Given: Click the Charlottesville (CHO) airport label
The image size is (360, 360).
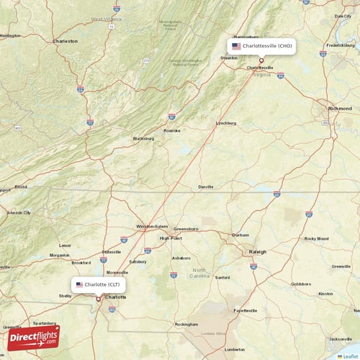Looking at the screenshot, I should pyautogui.click(x=261, y=45).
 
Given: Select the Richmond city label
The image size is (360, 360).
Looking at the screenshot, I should pyautogui.click(x=340, y=108).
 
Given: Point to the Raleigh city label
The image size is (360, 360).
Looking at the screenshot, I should pyautogui.click(x=257, y=252).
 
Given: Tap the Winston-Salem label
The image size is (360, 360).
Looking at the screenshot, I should pyautogui.click(x=151, y=227).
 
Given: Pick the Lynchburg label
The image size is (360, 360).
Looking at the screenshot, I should pyautogui.click(x=226, y=123).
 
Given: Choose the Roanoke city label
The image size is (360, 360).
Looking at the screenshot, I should pyautogui.click(x=171, y=130).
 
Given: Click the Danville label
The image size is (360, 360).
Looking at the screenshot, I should pyautogui.click(x=206, y=187).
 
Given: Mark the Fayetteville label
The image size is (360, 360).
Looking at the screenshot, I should pyautogui.click(x=245, y=310).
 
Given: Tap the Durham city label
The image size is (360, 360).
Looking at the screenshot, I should pyautogui.click(x=240, y=235).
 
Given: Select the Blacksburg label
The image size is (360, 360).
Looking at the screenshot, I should pyautogui.click(x=143, y=138).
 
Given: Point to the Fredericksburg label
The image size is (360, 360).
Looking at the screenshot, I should pyautogui.click(x=340, y=45).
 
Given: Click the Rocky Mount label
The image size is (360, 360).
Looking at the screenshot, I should pyautogui.click(x=317, y=238).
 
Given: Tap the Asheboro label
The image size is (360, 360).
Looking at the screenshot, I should pyautogui.click(x=181, y=258).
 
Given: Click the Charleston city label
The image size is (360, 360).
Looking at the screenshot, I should pyautogui.click(x=65, y=41).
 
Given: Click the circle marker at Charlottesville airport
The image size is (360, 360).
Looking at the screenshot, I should pyautogui.click(x=261, y=60).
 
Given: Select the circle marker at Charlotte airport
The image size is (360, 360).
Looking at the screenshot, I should pyautogui.click(x=99, y=299).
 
